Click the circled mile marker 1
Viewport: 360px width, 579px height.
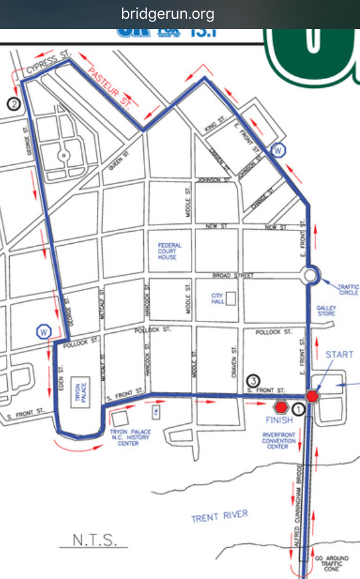[x=298, y=408]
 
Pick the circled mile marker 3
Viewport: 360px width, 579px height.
[x=254, y=380]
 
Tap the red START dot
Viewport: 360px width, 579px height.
[x=312, y=397]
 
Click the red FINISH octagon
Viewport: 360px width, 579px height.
[x=282, y=408]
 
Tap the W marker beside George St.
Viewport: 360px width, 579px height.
[x=43, y=331]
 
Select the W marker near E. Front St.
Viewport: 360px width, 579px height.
[x=279, y=151]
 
